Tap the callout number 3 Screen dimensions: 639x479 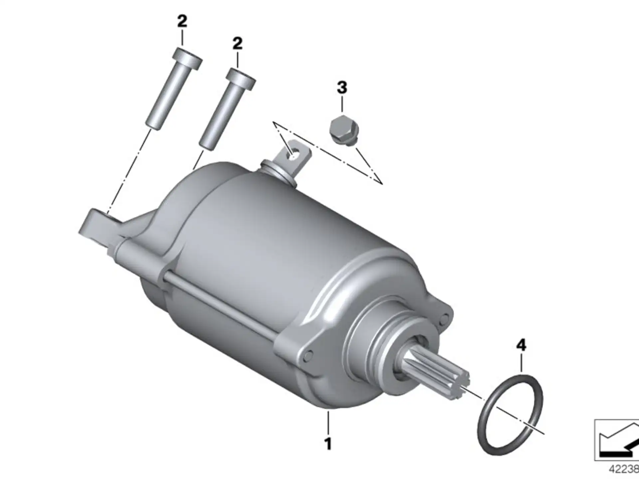tap(342, 88)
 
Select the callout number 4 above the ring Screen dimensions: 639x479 tap(521, 345)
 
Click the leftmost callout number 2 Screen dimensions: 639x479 tap(182, 22)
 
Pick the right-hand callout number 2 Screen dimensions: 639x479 tap(237, 44)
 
